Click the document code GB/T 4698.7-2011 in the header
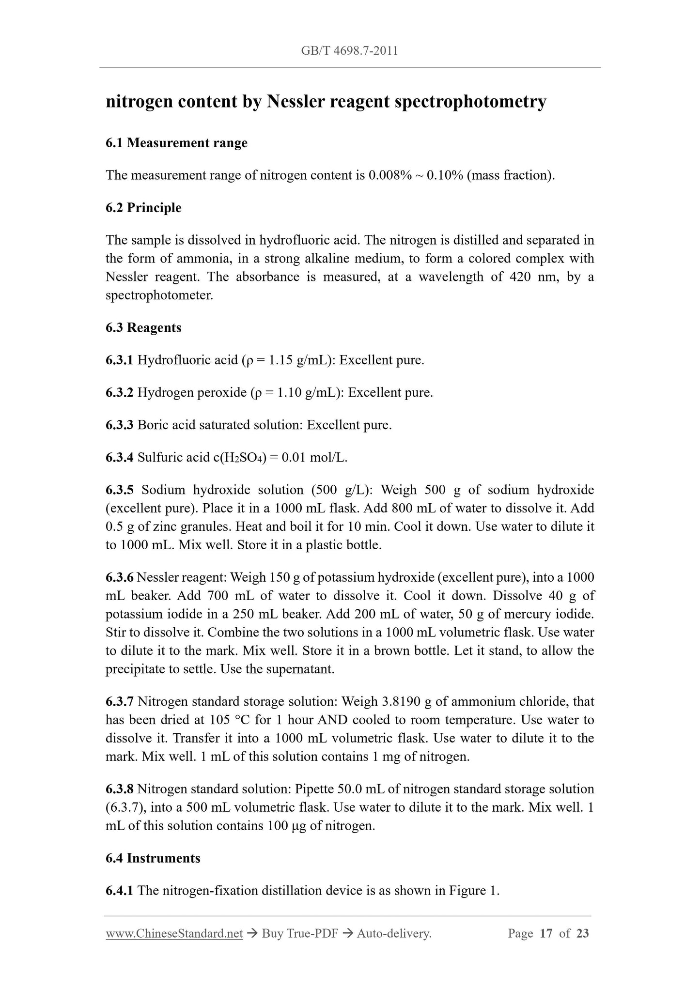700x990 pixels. (x=349, y=51)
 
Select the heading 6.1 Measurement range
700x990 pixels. (x=176, y=143)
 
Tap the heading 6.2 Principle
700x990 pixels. (x=143, y=208)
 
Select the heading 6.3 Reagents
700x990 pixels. (x=143, y=328)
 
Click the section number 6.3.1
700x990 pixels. (x=119, y=360)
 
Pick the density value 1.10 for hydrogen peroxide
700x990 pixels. (x=289, y=392)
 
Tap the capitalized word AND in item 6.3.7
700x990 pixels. (x=332, y=720)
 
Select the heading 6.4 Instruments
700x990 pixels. (x=153, y=858)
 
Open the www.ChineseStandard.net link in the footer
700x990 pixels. (x=174, y=933)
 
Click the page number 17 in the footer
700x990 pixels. (x=545, y=933)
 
